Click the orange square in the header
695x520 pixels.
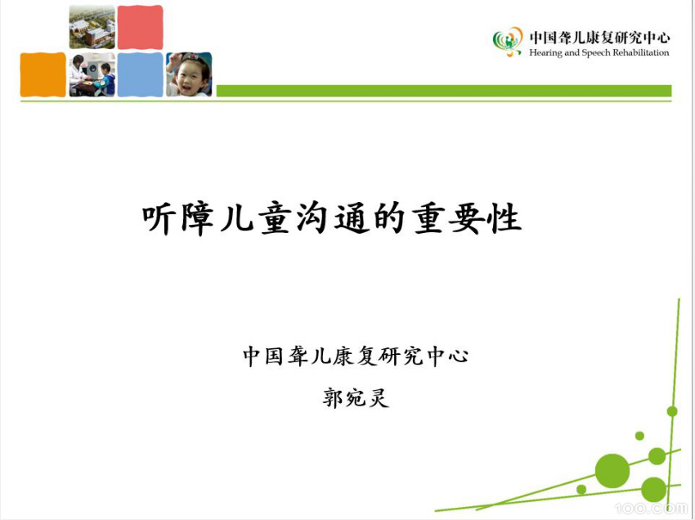(43, 75)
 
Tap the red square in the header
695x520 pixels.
(140, 27)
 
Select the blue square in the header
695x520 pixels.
(140, 75)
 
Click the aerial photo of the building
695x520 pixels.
(92, 27)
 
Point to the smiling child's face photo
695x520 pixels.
(189, 75)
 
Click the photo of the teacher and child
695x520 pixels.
(92, 75)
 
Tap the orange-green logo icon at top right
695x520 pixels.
(508, 41)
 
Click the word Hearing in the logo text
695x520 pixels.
(546, 53)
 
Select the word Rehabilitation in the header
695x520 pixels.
(637, 53)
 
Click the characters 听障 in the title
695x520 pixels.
(178, 219)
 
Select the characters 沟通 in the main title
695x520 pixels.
(333, 219)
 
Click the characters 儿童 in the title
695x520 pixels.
(256, 219)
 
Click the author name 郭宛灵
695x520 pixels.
(356, 399)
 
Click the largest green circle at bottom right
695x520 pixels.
(612, 470)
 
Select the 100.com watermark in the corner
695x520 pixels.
(654, 508)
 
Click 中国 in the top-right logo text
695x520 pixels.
(543, 37)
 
